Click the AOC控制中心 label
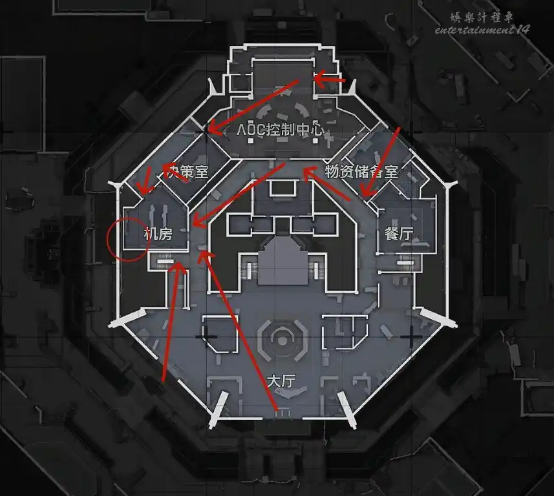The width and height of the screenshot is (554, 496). coord(280,129)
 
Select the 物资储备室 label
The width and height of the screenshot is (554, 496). coord(361,172)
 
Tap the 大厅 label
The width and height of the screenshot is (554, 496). coord(281,380)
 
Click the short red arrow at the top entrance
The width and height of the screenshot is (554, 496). coord(330,80)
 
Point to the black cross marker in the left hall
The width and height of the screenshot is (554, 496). coord(207,336)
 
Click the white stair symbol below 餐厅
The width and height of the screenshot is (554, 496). coord(405,262)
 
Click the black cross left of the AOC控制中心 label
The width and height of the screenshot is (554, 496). coord(208,129)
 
